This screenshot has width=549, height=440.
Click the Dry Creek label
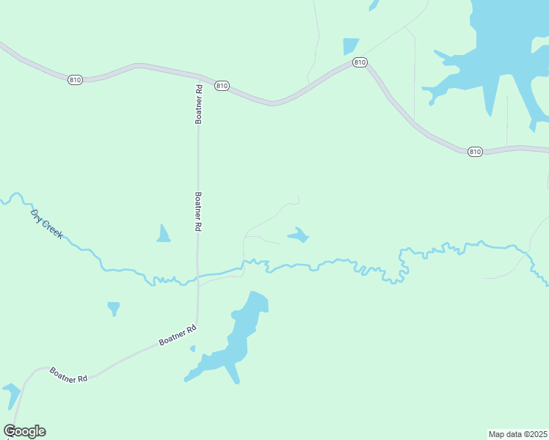pyautogui.click(x=47, y=223)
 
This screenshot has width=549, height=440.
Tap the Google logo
pyautogui.click(x=24, y=431)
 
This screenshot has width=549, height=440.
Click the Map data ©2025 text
pyautogui.click(x=518, y=433)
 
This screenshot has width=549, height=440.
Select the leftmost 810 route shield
pyautogui.click(x=75, y=79)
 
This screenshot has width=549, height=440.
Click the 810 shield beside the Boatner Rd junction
pyautogui.click(x=222, y=86)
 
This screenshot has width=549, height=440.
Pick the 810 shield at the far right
pyautogui.click(x=475, y=151)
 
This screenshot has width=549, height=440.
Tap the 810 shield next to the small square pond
pyautogui.click(x=359, y=62)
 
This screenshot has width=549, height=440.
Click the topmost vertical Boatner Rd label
pyautogui.click(x=198, y=103)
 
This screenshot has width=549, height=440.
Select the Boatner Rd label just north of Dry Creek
pyautogui.click(x=198, y=212)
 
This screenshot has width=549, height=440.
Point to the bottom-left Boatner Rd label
pyautogui.click(x=68, y=373)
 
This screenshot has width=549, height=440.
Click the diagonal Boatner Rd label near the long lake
pyautogui.click(x=178, y=336)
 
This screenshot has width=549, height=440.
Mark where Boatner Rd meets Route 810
pyautogui.click(x=198, y=76)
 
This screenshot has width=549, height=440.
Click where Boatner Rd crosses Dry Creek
pyautogui.click(x=197, y=278)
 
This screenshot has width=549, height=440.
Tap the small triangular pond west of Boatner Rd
pyautogui.click(x=164, y=235)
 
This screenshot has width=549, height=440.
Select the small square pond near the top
pyautogui.click(x=351, y=46)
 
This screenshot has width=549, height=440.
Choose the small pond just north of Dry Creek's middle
pyautogui.click(x=298, y=235)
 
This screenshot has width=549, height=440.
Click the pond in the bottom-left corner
pyautogui.click(x=11, y=395)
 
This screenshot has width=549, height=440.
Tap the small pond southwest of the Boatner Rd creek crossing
pyautogui.click(x=113, y=307)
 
